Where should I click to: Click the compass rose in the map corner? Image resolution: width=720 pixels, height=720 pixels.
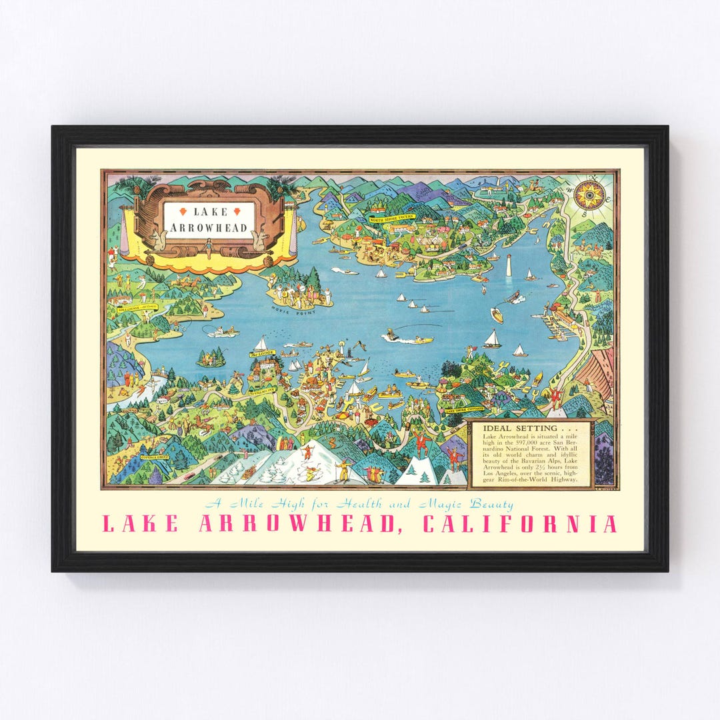[589, 195]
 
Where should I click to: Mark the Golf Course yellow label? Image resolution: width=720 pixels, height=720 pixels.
[136, 309]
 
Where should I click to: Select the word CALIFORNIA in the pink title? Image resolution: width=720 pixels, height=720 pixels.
[519, 524]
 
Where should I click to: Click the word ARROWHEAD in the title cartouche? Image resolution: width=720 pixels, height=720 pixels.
[209, 228]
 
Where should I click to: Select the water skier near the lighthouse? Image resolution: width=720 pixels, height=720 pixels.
[515, 298]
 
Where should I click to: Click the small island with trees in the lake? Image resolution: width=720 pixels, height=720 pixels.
[211, 358]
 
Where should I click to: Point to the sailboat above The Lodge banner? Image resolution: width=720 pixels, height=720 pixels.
[261, 343]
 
